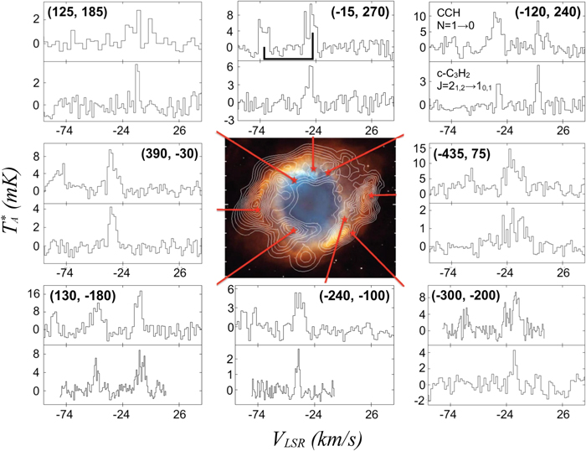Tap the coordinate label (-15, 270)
[x=355, y=13]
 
